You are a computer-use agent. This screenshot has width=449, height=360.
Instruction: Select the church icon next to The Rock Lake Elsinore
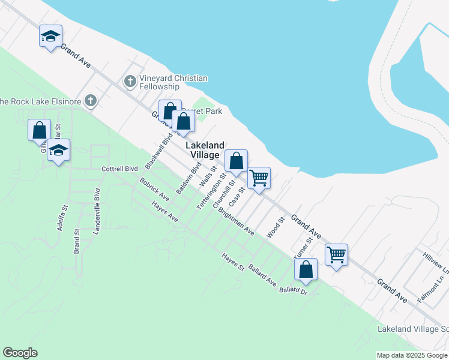(91, 100)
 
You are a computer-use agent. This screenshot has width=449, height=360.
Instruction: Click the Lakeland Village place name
(205, 150)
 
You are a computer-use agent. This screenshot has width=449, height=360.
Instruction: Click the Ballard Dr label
(293, 291)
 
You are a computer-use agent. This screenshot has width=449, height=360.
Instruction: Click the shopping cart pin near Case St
(259, 178)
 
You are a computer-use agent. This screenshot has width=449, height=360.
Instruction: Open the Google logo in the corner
(20, 353)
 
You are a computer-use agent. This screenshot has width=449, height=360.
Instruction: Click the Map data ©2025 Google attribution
(411, 355)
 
